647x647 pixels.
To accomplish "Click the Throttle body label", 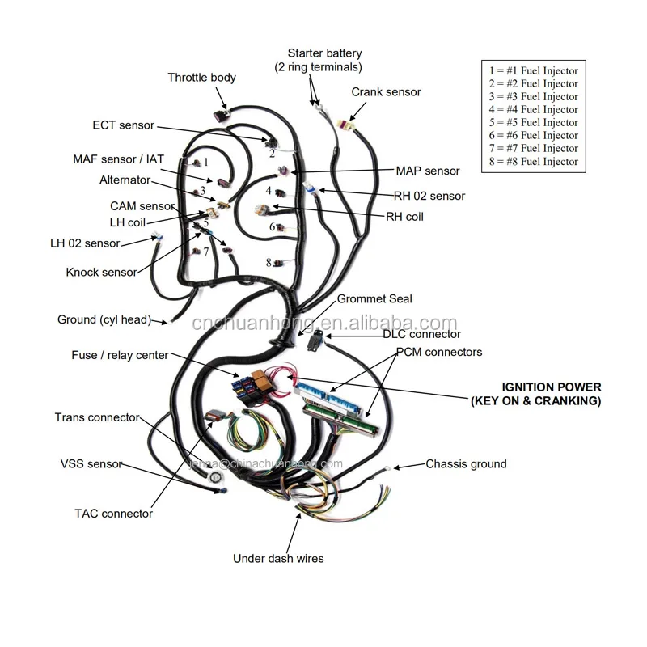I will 201,78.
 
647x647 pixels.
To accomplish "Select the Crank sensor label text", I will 386,92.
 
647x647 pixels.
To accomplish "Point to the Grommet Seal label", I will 374,299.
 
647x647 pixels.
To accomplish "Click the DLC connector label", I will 421,334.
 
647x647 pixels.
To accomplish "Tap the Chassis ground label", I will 466,464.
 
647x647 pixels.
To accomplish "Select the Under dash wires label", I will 278,558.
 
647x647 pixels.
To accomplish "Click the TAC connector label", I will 113,514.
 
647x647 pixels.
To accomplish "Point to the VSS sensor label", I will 91,464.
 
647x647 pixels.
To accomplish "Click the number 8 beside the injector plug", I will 269,262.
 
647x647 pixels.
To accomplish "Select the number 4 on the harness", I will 269,191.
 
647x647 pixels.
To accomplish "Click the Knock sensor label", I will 101,273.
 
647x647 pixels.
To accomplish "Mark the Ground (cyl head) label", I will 104,319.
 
